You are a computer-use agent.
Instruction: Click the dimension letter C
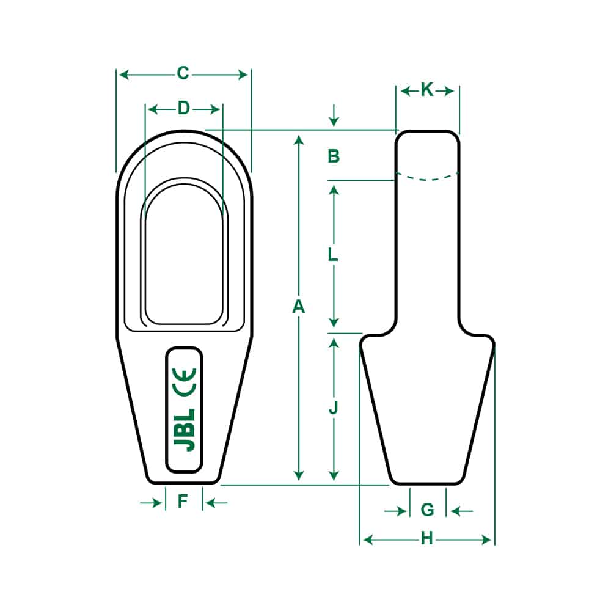click(183, 74)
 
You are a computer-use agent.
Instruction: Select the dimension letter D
click(184, 109)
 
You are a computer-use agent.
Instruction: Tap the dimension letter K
click(426, 90)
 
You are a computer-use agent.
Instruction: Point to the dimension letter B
click(334, 156)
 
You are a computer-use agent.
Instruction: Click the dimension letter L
click(333, 255)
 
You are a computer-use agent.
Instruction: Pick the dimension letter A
click(298, 307)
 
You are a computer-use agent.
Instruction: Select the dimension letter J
click(334, 408)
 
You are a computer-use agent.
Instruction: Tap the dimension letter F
click(183, 502)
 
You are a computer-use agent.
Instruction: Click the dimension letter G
click(428, 509)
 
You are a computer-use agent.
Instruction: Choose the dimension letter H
click(426, 538)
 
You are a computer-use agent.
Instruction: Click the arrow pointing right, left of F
click(150, 502)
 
